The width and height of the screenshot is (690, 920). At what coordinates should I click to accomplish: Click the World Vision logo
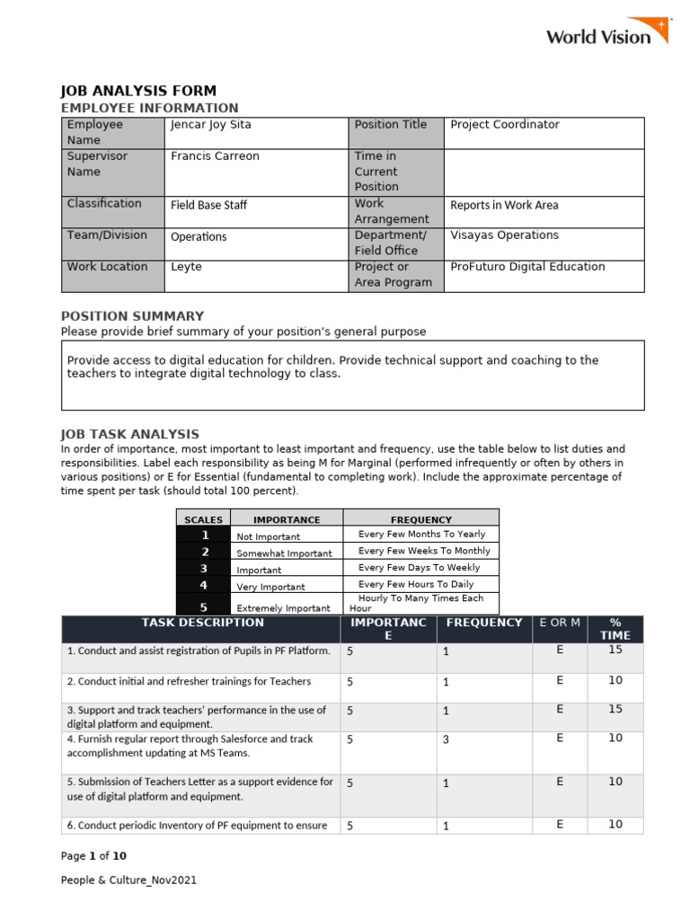[x=607, y=33]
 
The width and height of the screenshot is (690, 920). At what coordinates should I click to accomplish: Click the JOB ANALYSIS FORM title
[x=137, y=91]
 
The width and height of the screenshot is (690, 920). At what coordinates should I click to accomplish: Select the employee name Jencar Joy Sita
[x=212, y=125]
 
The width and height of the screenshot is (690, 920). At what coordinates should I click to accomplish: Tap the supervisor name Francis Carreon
[x=215, y=156]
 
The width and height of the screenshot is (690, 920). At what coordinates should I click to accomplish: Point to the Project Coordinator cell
[x=504, y=125]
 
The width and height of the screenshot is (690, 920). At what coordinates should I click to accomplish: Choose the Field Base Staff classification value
[x=208, y=205]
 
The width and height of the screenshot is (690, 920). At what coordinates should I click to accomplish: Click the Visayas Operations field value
[x=504, y=235]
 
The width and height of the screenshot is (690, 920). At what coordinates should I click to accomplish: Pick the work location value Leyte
[x=186, y=267]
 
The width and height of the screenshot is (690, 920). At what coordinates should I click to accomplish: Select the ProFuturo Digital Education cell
[x=527, y=267]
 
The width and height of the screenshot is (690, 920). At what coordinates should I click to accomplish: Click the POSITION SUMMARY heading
[x=132, y=316]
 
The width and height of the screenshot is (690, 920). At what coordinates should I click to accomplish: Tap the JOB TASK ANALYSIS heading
[x=129, y=434]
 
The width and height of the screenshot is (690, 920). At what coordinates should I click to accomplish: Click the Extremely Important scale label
[x=283, y=608]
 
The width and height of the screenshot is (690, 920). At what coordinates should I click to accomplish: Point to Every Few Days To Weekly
[x=419, y=568]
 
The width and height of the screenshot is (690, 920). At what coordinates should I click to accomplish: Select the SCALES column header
[x=203, y=520]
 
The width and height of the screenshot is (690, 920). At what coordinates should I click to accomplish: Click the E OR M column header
[x=559, y=623]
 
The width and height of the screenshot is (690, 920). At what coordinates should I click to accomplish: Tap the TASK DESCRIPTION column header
[x=202, y=623]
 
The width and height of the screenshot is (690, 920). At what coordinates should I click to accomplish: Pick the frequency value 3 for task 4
[x=446, y=740]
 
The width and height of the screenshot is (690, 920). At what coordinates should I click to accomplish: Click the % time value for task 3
[x=615, y=710]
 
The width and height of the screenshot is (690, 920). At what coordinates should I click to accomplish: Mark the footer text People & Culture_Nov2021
[x=128, y=880]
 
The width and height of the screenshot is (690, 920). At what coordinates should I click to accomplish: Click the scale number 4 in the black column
[x=204, y=585]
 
